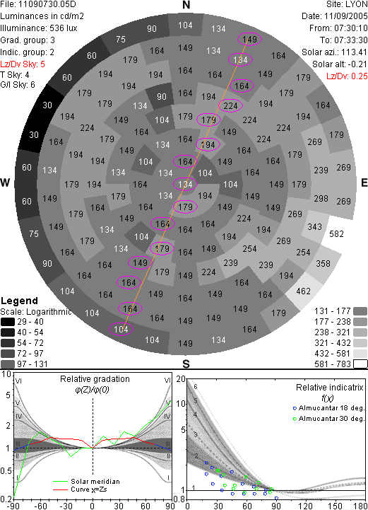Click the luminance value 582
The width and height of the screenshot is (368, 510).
point(336,234)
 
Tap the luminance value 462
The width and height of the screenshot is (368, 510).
point(303,291)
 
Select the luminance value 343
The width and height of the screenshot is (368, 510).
point(314,226)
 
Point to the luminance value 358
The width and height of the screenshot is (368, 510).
point(323,263)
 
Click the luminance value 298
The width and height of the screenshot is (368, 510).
point(321,198)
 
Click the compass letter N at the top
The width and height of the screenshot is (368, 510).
point(186,5)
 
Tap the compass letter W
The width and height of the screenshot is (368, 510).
point(5,182)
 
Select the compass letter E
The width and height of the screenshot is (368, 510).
point(364,182)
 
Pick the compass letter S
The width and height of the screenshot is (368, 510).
point(186,364)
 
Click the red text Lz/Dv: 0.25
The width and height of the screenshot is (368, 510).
point(347,76)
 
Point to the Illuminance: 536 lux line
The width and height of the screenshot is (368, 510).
point(39,28)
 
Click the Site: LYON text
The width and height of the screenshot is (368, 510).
point(347,4)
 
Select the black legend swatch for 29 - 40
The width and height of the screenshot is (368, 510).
point(8,322)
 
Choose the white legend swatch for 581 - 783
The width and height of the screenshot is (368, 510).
point(360,364)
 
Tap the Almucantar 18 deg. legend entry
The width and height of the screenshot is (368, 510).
point(328,408)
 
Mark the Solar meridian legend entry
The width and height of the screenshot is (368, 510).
point(86,482)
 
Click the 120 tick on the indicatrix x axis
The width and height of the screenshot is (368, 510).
point(305,506)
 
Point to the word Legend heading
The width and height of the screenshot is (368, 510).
point(19,301)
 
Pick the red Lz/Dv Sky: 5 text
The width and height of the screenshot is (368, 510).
point(23,64)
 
